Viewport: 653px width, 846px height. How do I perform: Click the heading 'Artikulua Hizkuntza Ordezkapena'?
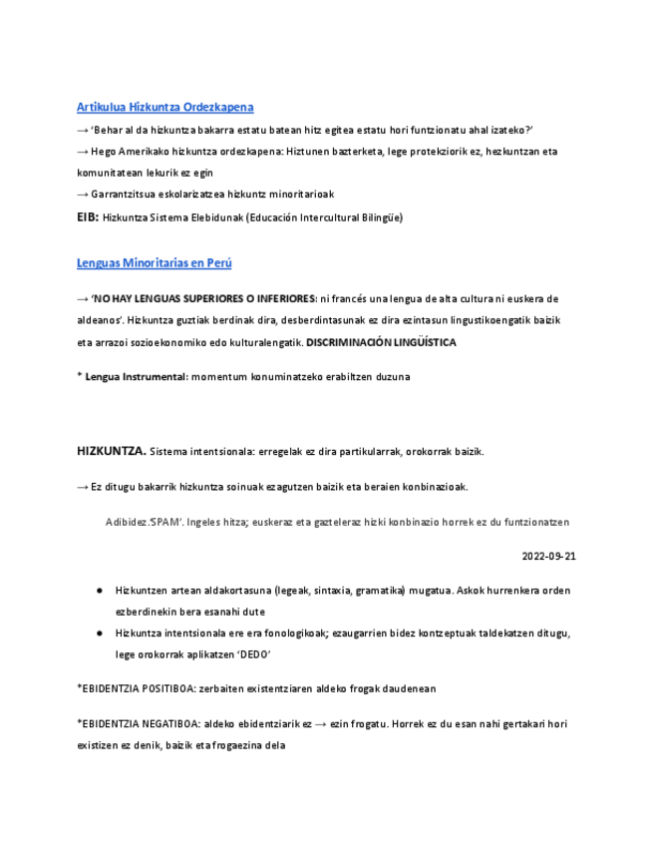click(164, 107)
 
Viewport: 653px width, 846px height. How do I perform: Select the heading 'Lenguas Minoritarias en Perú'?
click(154, 262)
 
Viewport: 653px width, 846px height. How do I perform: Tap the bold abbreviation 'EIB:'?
click(87, 216)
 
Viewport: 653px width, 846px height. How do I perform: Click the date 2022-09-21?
click(548, 556)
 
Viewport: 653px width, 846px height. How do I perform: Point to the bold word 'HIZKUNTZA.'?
click(112, 451)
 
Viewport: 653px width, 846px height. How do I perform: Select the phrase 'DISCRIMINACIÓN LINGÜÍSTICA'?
click(381, 342)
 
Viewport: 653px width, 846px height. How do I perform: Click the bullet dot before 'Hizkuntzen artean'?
click(101, 591)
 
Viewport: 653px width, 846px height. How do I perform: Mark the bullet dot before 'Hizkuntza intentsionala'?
click(101, 634)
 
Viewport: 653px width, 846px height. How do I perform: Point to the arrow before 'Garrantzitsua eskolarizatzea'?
click(83, 194)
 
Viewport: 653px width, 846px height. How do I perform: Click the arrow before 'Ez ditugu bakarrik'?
click(83, 487)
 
